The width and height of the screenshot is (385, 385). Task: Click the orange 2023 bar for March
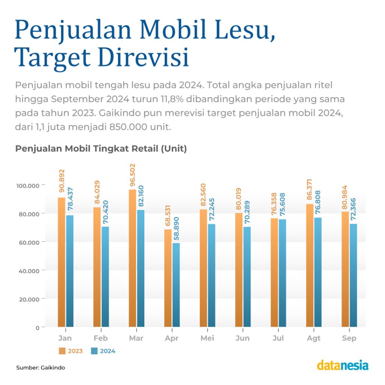click(132, 259)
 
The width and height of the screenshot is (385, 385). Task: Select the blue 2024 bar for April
click(176, 286)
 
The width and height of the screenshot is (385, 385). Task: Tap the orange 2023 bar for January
click(61, 263)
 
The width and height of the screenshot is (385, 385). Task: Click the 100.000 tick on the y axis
click(28, 185)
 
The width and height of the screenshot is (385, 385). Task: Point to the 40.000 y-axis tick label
click(28, 271)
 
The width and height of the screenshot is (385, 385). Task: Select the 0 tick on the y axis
click(38, 328)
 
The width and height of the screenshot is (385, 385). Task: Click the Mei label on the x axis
click(207, 338)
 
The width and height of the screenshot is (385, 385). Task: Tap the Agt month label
click(314, 338)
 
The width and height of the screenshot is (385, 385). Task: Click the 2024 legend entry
click(103, 351)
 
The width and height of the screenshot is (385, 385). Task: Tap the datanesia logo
click(343, 365)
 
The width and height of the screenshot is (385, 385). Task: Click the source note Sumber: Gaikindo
click(41, 367)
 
